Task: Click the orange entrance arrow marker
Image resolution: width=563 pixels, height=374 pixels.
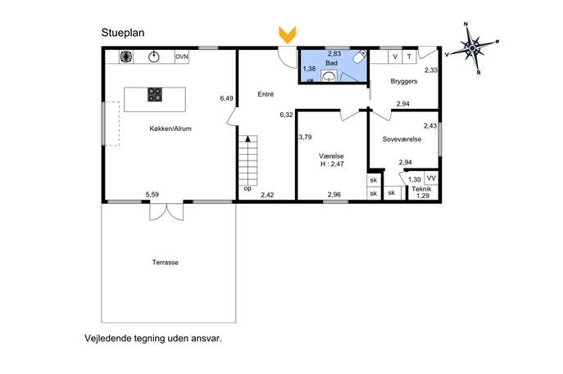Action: pos(288,35)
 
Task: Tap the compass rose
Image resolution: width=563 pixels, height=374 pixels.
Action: pos(473,48)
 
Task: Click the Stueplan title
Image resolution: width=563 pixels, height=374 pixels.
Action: pos(123,33)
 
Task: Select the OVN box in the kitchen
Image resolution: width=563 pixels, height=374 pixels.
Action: pos(182,56)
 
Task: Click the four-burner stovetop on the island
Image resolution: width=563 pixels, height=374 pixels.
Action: pos(155,95)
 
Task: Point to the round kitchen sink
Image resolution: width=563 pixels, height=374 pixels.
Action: pos(154,56)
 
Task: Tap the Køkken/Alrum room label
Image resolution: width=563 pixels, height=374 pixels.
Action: pos(170,128)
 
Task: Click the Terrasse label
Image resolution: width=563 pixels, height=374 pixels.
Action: pos(166,262)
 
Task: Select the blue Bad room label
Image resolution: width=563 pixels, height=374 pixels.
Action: pos(331,63)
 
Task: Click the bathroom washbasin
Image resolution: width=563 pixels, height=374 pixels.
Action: pos(329,76)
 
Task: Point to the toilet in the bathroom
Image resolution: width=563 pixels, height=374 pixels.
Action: pos(360,56)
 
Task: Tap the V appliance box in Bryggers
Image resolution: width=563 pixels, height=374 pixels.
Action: pos(395,56)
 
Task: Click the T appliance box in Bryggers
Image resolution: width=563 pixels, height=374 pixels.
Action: pos(409,56)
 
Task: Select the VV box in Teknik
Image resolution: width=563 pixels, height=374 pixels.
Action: pos(431,178)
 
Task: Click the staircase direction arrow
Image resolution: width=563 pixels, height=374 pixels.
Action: pos(247,139)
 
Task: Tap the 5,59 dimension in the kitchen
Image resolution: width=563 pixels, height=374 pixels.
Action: pos(152,195)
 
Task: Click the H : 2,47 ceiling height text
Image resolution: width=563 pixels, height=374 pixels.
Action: pos(332,164)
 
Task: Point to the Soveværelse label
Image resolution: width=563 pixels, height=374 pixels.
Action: pos(402,139)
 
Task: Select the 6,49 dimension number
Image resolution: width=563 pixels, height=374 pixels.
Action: pos(226,98)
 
